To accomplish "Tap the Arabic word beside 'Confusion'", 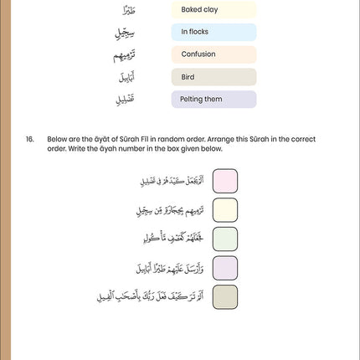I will coord(122,55).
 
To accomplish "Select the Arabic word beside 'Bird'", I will coord(123,77).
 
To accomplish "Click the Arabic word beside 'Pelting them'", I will coord(123,100).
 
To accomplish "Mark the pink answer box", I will coord(224,180).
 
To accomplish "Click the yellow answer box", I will coord(224,209).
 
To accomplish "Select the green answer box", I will coord(224,239).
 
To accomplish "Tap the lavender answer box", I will coord(224,268).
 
